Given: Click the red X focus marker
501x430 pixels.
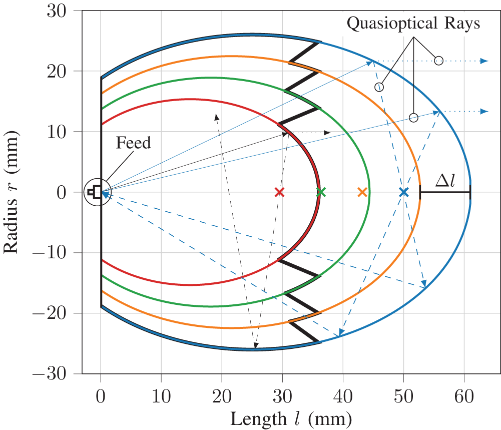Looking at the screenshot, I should [280, 192].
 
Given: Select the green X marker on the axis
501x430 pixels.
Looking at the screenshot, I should [321, 192].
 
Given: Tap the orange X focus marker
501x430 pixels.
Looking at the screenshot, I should [363, 192].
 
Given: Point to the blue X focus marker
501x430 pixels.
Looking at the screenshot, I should [404, 192].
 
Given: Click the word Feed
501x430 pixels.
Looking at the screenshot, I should [133, 143].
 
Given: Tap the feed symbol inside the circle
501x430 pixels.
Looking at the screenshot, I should [93, 192].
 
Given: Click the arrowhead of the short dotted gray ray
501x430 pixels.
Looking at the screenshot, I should [328, 133].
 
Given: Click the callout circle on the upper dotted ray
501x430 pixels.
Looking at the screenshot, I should [438, 61].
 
